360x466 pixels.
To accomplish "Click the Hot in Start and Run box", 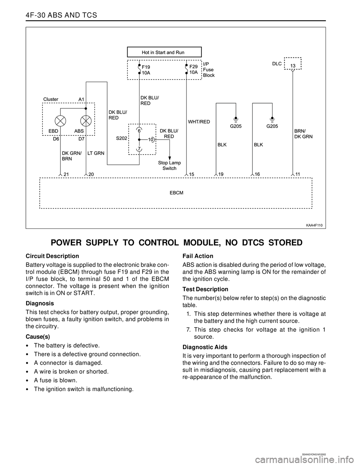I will pos(164,52).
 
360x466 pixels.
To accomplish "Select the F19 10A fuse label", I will pos(146,70).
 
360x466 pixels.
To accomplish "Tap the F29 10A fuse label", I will pos(193,69).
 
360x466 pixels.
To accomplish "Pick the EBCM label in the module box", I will pos(176,192).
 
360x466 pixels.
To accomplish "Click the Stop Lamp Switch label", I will pos(169,165).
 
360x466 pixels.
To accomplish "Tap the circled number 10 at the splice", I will pos(151,140).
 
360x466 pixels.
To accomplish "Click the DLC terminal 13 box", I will pos(293,66).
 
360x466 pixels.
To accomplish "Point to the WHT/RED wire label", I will pos(199,122).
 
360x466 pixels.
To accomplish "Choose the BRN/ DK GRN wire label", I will pos(303,134).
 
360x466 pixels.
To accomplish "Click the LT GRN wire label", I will pos(96,153).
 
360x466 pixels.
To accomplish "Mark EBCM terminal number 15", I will pos(192,174).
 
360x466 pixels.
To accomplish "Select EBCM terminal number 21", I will pos(66,174).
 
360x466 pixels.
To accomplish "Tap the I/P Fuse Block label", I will pos(209,69).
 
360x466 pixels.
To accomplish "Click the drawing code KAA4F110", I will pos(314,225).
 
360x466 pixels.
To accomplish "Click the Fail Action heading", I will pos(198,256).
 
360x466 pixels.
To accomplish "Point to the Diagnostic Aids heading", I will pos(205,347).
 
